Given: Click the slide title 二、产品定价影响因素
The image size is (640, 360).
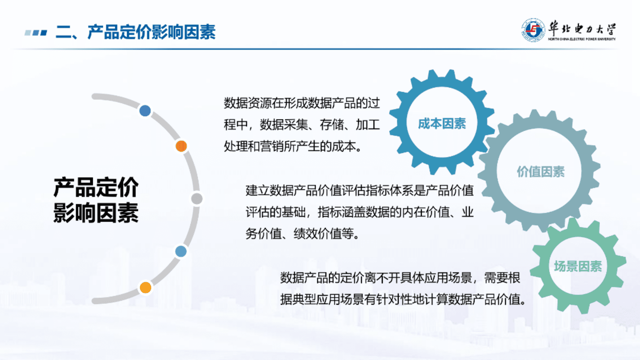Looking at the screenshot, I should [136, 32].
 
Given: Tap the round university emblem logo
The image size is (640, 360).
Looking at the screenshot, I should [533, 30].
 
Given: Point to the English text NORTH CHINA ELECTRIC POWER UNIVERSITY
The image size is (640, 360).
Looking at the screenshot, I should [582, 39].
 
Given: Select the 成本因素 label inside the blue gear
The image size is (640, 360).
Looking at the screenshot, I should [442, 123].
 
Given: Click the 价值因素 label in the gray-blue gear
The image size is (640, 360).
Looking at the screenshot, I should [540, 172].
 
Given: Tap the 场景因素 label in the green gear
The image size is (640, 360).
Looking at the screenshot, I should [577, 266].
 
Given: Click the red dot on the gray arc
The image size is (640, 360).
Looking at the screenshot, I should [181, 146].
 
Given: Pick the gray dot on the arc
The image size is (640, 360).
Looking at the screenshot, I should [197, 199].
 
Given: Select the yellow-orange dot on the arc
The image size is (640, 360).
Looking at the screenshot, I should [145, 287].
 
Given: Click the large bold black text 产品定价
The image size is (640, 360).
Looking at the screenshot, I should [96, 187].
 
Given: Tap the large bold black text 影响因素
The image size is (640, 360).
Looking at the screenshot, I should [96, 213].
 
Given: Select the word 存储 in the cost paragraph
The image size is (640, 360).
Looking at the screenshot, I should [331, 125].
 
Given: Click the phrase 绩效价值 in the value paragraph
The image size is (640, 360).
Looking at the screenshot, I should [317, 233].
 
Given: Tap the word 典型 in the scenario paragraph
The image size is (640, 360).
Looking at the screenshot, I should [304, 299].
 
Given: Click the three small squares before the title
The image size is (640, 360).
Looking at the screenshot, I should [36, 32].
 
